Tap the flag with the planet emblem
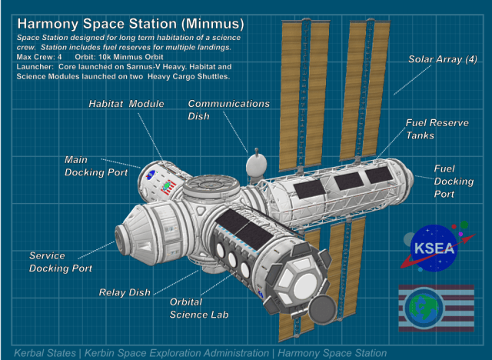436,308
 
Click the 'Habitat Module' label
126,104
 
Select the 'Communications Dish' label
228,110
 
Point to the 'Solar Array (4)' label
443,59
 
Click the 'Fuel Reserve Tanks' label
437,129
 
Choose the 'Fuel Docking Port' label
454,181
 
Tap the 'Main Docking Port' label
96,166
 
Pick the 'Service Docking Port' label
61,262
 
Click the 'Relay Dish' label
125,292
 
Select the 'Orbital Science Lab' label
199,308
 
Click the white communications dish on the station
256,165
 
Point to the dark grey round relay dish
323,309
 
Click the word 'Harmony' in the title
48,24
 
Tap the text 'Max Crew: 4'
39,57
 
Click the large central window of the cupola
304,286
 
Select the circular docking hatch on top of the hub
211,185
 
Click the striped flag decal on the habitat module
169,186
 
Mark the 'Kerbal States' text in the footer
45,353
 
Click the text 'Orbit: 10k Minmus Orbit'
119,57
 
